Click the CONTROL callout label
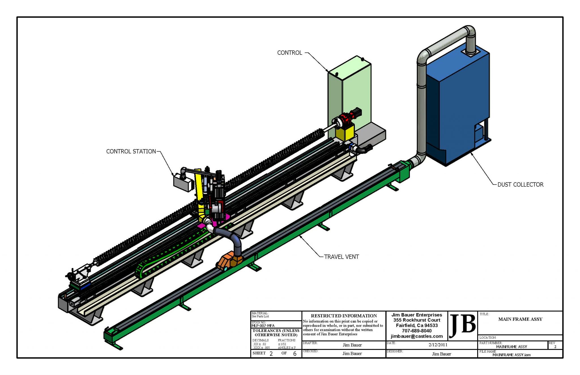(x=289, y=53)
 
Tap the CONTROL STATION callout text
(x=131, y=151)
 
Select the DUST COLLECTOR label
(x=520, y=185)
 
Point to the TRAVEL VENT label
(x=341, y=257)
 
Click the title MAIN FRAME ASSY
(x=520, y=319)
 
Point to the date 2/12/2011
(x=438, y=345)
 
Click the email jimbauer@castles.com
(x=417, y=336)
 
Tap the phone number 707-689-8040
(x=417, y=331)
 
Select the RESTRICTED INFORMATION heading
(x=344, y=316)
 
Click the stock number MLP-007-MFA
(x=263, y=326)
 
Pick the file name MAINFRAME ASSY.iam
(x=511, y=355)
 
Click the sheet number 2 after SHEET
(x=271, y=353)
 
